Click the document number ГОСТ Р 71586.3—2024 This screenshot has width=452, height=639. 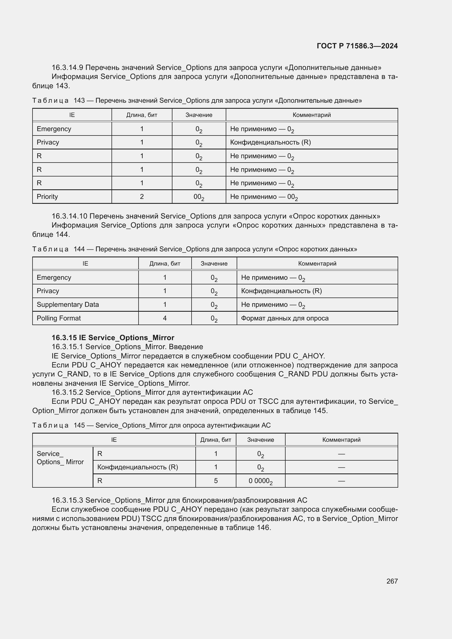click(x=357, y=46)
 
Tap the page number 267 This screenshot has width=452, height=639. click(x=392, y=581)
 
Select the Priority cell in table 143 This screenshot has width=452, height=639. click(x=47, y=196)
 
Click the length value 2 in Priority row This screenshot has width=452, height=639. click(x=142, y=196)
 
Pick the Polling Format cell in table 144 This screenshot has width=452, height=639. click(x=58, y=318)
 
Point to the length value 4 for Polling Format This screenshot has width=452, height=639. click(x=165, y=318)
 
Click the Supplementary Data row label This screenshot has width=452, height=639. click(x=67, y=304)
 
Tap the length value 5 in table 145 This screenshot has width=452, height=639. click(x=216, y=481)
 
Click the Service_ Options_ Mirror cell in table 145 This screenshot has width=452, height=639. click(x=60, y=458)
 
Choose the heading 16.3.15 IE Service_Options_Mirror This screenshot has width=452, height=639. click(x=113, y=338)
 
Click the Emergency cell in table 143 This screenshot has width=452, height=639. click(x=54, y=129)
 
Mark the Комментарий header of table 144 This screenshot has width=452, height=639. click(x=317, y=264)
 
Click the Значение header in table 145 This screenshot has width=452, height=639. click(x=260, y=440)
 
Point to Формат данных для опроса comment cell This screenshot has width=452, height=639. click(x=284, y=318)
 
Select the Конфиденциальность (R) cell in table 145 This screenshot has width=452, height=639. click(x=137, y=467)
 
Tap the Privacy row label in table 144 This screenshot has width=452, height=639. click(x=48, y=291)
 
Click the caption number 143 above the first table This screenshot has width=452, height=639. click(x=79, y=101)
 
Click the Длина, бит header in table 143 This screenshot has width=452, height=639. click(x=142, y=115)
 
